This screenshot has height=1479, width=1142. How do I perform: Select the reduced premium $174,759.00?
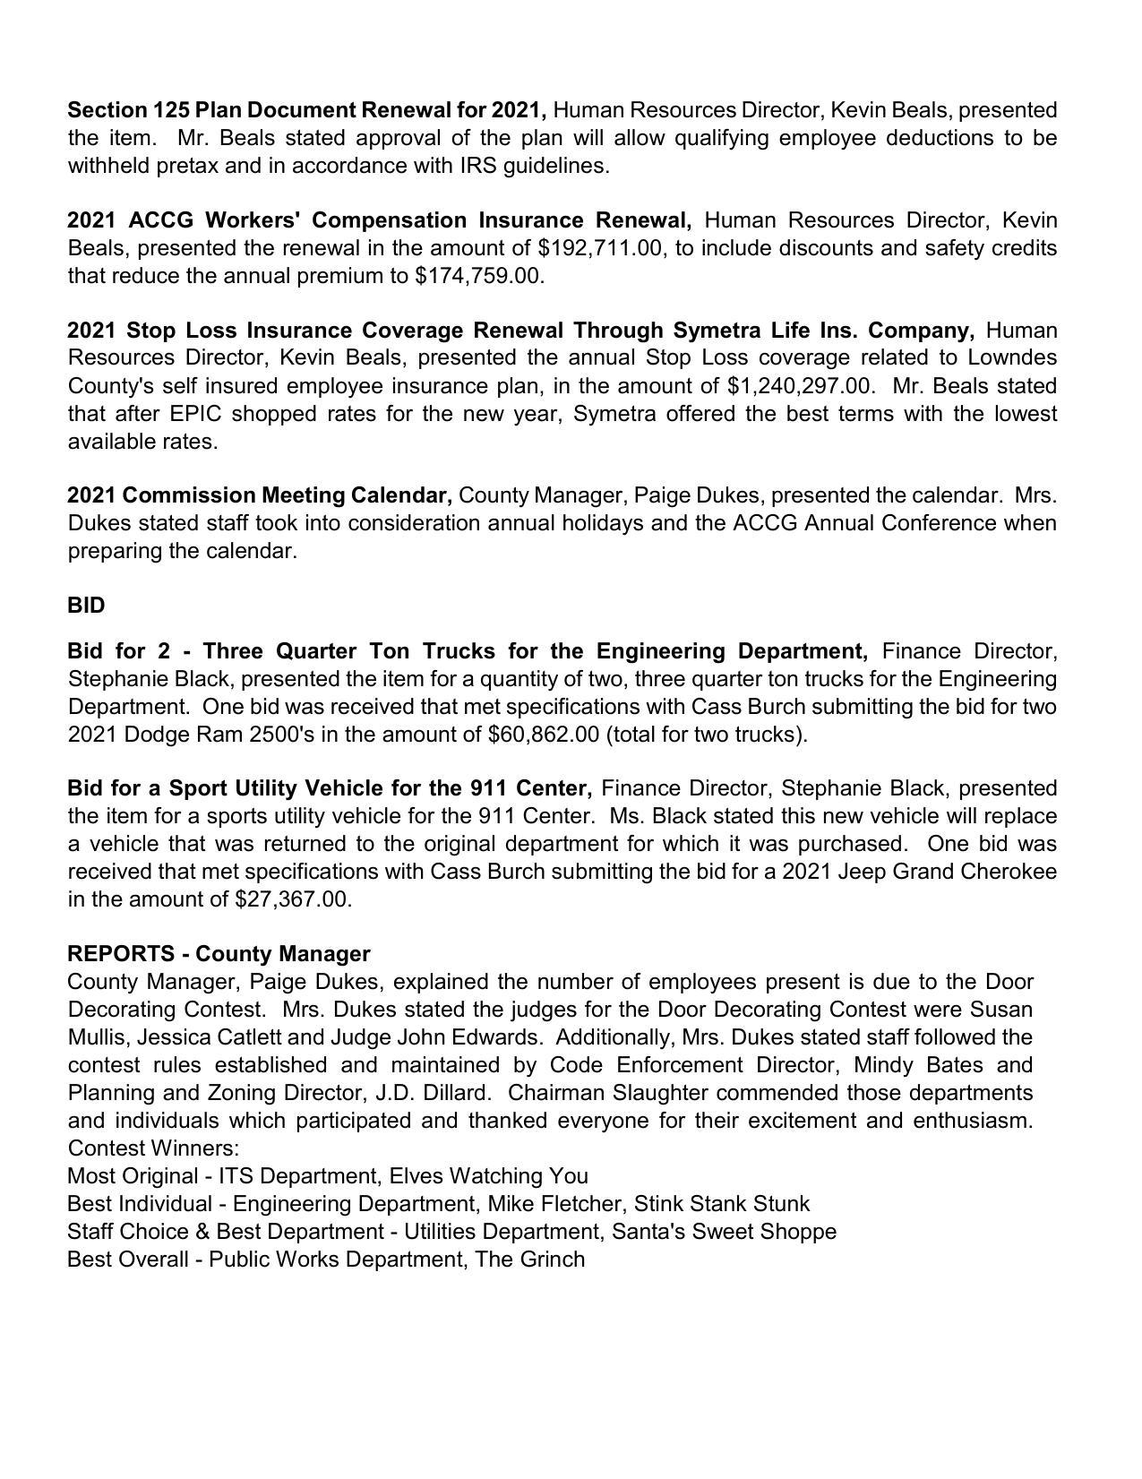[478, 276]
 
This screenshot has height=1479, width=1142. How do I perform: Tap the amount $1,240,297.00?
[801, 386]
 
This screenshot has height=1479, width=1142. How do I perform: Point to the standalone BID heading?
[86, 606]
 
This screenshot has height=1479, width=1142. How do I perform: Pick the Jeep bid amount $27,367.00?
[292, 899]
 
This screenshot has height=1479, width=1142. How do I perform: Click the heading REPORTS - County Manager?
[219, 954]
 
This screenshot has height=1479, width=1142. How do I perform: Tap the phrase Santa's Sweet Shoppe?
[724, 1232]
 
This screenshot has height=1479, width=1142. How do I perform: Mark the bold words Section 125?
[128, 110]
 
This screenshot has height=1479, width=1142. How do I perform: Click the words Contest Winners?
[153, 1148]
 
